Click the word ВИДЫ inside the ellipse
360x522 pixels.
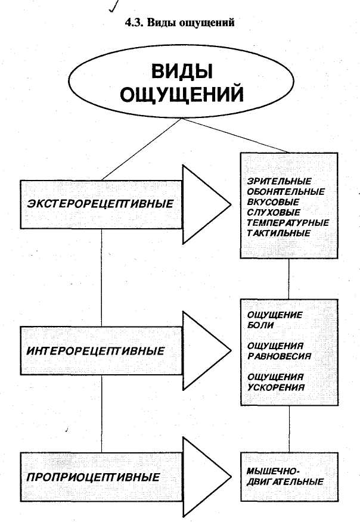(x=179, y=74)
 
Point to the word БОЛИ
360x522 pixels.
(x=260, y=325)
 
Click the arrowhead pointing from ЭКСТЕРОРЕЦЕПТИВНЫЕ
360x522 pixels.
(x=204, y=204)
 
